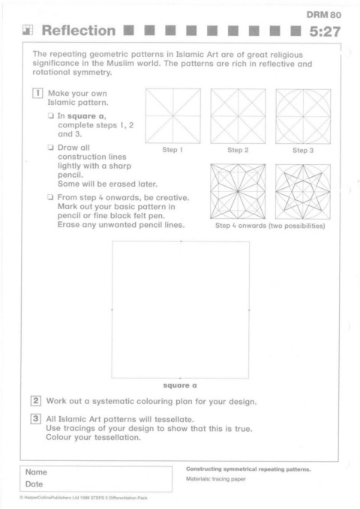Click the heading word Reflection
(x=79, y=31)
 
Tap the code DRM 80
(x=323, y=14)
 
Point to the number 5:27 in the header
(x=325, y=31)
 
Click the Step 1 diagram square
(x=172, y=116)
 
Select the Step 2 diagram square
(x=238, y=116)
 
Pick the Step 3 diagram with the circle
(x=303, y=116)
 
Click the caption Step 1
(x=172, y=150)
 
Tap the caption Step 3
(x=303, y=150)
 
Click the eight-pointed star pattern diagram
(x=303, y=191)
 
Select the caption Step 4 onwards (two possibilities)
(x=270, y=226)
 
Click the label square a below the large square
(x=180, y=385)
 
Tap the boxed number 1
(x=37, y=93)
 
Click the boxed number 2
(x=36, y=400)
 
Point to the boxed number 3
(x=36, y=419)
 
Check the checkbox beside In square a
(x=51, y=115)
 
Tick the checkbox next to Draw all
(x=51, y=148)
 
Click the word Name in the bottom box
(x=36, y=472)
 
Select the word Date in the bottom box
(x=34, y=484)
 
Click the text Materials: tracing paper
(x=216, y=479)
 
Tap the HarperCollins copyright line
(x=83, y=498)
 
